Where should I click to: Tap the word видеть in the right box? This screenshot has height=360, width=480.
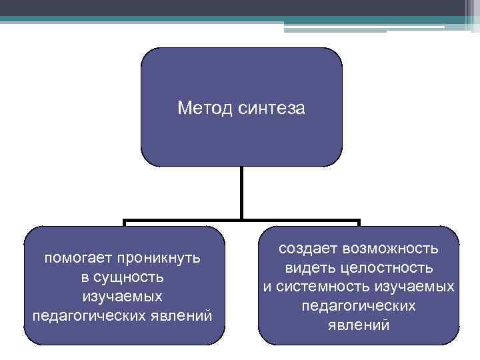coord(311,268)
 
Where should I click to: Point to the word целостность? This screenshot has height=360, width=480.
coord(386,268)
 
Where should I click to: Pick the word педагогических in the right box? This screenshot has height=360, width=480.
coord(359,306)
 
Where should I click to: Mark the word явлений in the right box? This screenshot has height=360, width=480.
coord(359,325)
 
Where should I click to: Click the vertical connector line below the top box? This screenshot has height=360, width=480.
coord(241,193)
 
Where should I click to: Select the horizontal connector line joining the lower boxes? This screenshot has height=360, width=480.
coord(241,221)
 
